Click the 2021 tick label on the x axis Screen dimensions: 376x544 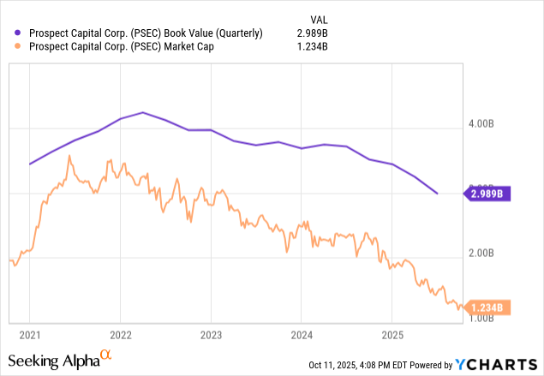pos(29,333)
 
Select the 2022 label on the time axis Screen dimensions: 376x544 pos(120,333)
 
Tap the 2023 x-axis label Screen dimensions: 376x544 pos(211,333)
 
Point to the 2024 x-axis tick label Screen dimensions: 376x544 pos(301,333)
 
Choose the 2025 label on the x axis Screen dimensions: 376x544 pos(392,333)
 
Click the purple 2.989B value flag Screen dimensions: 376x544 pos(486,194)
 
